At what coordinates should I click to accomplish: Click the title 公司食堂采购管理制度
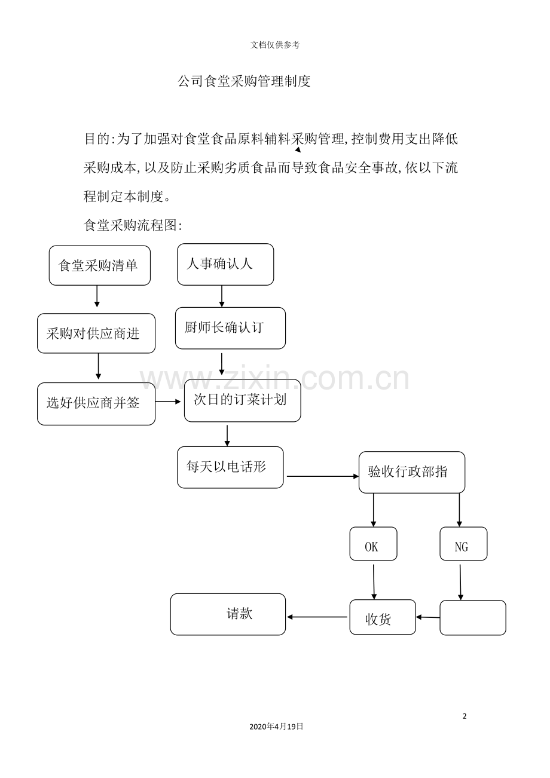pyautogui.click(x=244, y=82)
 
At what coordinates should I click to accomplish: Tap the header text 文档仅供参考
pyautogui.click(x=275, y=45)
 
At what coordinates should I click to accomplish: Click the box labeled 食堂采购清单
pyautogui.click(x=99, y=265)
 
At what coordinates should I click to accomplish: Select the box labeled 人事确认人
pyautogui.click(x=225, y=264)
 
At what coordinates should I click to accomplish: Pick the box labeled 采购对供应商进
pyautogui.click(x=96, y=333)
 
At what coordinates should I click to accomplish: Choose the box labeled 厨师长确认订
pyautogui.click(x=230, y=328)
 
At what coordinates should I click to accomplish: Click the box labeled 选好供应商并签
pyautogui.click(x=96, y=404)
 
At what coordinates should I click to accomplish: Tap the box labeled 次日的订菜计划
pyautogui.click(x=242, y=400)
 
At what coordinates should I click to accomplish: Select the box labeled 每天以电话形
pyautogui.click(x=230, y=467)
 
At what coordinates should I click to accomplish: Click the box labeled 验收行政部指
pyautogui.click(x=412, y=472)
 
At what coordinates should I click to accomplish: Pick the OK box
pyautogui.click(x=373, y=544)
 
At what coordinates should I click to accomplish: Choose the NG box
pyautogui.click(x=463, y=544)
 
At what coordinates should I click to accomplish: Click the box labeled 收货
pyautogui.click(x=383, y=617)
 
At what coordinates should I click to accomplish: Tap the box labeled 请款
pyautogui.click(x=228, y=614)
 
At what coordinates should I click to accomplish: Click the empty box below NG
pyautogui.click(x=473, y=618)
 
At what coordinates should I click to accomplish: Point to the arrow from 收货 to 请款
pyautogui.click(x=317, y=617)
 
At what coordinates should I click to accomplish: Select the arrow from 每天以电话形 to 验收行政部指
pyautogui.click(x=322, y=476)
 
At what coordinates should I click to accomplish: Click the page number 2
pyautogui.click(x=465, y=716)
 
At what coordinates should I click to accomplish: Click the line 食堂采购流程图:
pyautogui.click(x=132, y=225)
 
